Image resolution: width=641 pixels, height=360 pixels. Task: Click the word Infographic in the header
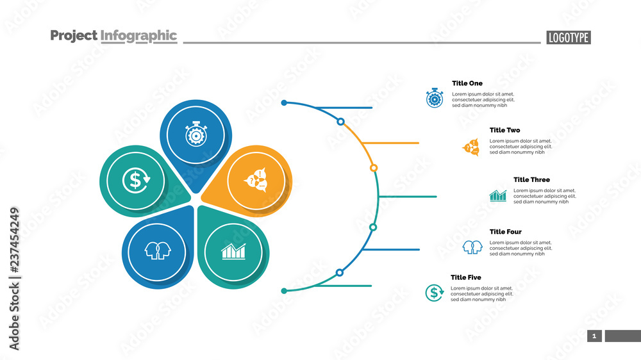138,36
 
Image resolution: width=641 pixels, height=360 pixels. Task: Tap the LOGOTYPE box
569,38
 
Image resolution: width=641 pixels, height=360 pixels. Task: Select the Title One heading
467,83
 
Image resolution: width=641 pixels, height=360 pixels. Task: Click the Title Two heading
505,130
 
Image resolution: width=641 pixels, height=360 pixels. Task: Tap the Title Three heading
531,180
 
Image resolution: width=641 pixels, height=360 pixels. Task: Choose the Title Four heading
506,232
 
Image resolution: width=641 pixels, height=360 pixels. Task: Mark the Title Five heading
466,277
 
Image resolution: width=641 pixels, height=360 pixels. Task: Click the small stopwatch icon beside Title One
435,98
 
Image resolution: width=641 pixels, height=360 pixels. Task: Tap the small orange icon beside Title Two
471,147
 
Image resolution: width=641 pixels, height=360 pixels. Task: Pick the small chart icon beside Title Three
498,195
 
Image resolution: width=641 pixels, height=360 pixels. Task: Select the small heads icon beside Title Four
472,247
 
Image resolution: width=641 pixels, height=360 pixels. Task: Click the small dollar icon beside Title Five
435,293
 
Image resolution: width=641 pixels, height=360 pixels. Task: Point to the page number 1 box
594,336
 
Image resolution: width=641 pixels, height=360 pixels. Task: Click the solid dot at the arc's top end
284,102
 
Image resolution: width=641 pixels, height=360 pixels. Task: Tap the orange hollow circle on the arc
374,168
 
